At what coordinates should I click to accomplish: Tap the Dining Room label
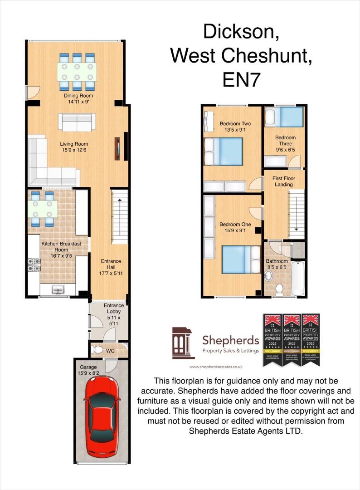pyautogui.click(x=78, y=96)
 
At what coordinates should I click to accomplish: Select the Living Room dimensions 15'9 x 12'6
pyautogui.click(x=74, y=151)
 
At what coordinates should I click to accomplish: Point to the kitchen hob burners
pyautogui.click(x=34, y=265)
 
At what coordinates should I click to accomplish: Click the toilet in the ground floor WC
pyautogui.click(x=98, y=349)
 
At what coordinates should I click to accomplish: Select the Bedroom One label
pyautogui.click(x=235, y=225)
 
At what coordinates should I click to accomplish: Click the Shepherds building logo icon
pyautogui.click(x=183, y=343)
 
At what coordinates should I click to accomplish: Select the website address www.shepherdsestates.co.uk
pyautogui.click(x=216, y=367)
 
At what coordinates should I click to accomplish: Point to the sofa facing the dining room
pyautogui.click(x=76, y=122)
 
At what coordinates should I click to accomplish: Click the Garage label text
pyautogui.click(x=89, y=367)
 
